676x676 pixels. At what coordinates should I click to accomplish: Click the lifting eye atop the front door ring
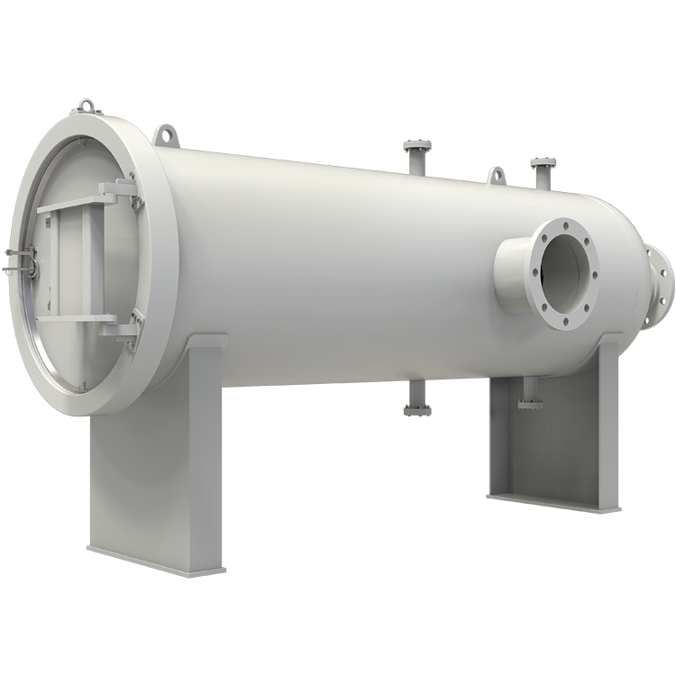(87, 106)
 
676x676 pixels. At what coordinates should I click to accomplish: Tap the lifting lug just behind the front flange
(165, 135)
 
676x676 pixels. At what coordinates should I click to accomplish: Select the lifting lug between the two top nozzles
(495, 175)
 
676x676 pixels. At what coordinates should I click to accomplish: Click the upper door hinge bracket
(121, 191)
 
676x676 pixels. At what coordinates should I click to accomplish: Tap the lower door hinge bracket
(121, 326)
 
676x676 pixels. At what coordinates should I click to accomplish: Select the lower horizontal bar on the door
(77, 318)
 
